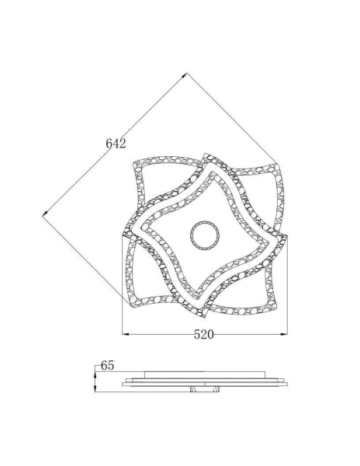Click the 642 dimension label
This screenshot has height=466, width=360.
[116, 144]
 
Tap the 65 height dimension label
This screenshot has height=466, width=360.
[107, 364]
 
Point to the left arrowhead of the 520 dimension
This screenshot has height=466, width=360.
[125, 335]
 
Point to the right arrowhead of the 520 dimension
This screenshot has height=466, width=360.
[286, 335]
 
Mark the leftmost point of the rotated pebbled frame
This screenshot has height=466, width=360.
[123, 235]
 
